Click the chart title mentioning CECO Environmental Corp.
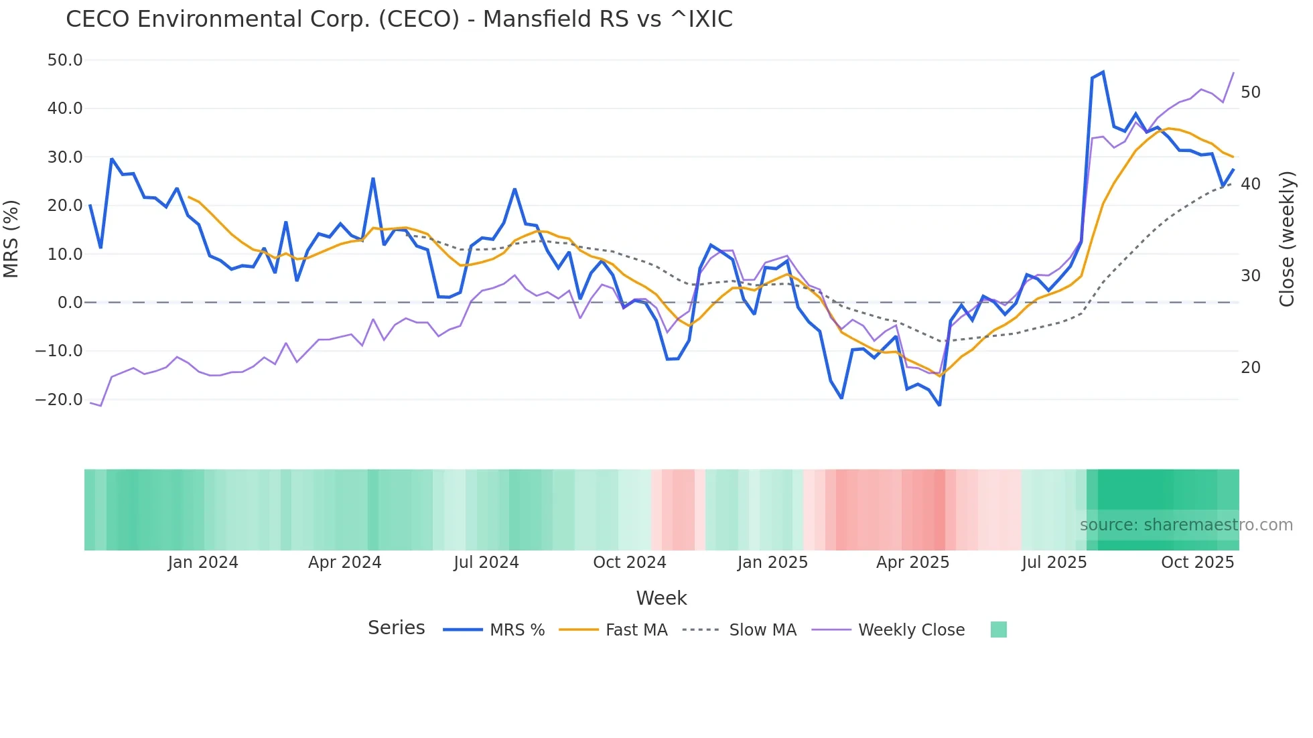399,19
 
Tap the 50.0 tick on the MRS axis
65,60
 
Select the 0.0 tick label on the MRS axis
70,303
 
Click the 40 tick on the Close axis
1250,184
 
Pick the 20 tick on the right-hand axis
1250,368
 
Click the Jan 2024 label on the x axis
203,563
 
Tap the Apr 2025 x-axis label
912,563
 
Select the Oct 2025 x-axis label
1197,563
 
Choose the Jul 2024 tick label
486,563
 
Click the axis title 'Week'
661,598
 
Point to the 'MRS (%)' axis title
11,239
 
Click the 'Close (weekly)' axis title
1287,239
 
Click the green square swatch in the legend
998,630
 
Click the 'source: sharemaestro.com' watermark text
1186,525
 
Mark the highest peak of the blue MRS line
1103,72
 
